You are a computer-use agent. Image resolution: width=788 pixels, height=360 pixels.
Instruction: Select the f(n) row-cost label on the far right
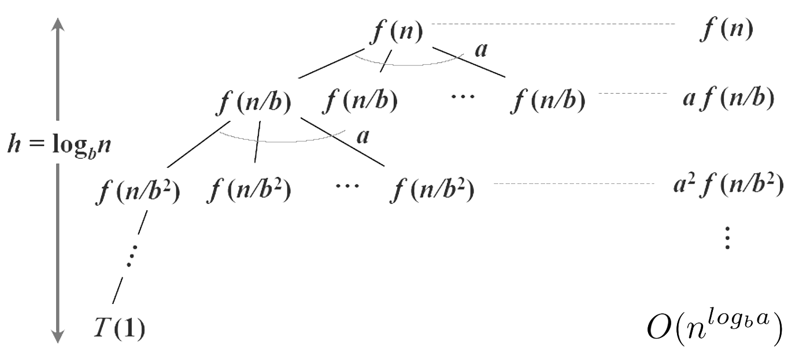point(726,29)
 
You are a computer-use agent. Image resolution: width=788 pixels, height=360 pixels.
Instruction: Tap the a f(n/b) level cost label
point(728,99)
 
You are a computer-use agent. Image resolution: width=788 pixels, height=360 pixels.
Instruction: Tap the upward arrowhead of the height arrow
point(58,24)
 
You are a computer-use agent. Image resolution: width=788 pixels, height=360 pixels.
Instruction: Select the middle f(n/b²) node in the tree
point(249,189)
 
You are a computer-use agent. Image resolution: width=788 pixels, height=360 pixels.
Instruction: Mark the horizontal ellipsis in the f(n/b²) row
point(347,186)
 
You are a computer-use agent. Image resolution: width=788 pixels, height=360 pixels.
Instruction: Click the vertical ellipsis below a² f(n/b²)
point(727,237)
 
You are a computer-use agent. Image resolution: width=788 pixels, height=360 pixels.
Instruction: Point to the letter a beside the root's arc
point(480,50)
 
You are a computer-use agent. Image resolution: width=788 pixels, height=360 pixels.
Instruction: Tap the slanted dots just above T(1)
point(131,255)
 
